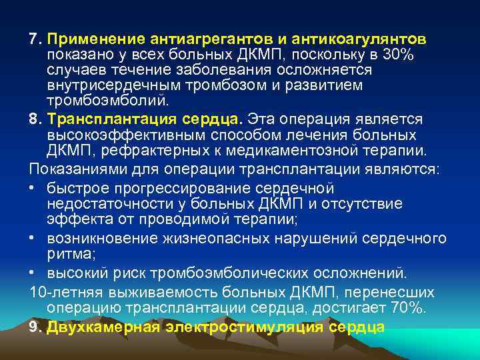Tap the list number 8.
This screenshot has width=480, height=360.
pos(35,118)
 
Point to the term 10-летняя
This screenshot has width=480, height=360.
pos(61,291)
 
